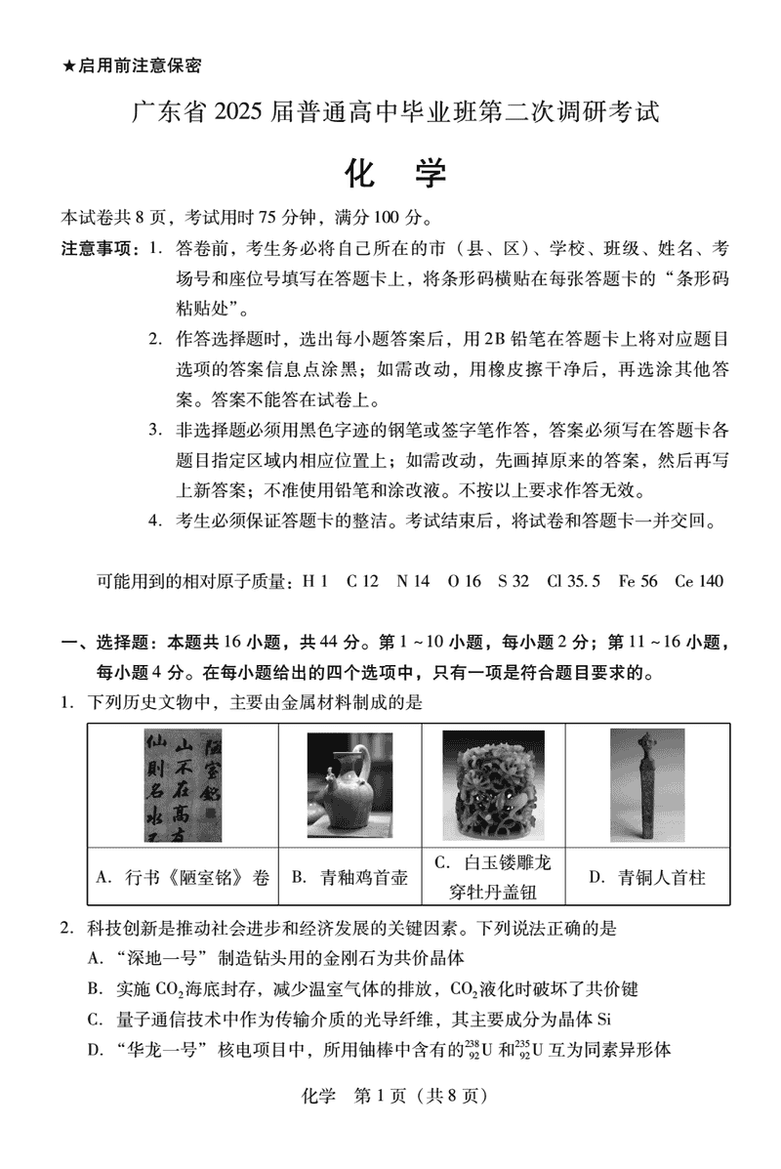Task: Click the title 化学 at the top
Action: coord(395,173)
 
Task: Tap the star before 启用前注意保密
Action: coord(68,65)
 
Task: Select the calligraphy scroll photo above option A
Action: coord(183,784)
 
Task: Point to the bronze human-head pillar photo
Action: coord(646,784)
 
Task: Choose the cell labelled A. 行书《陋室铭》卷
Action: coord(183,877)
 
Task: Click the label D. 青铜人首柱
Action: coord(646,877)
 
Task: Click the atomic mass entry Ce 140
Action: coord(699,581)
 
